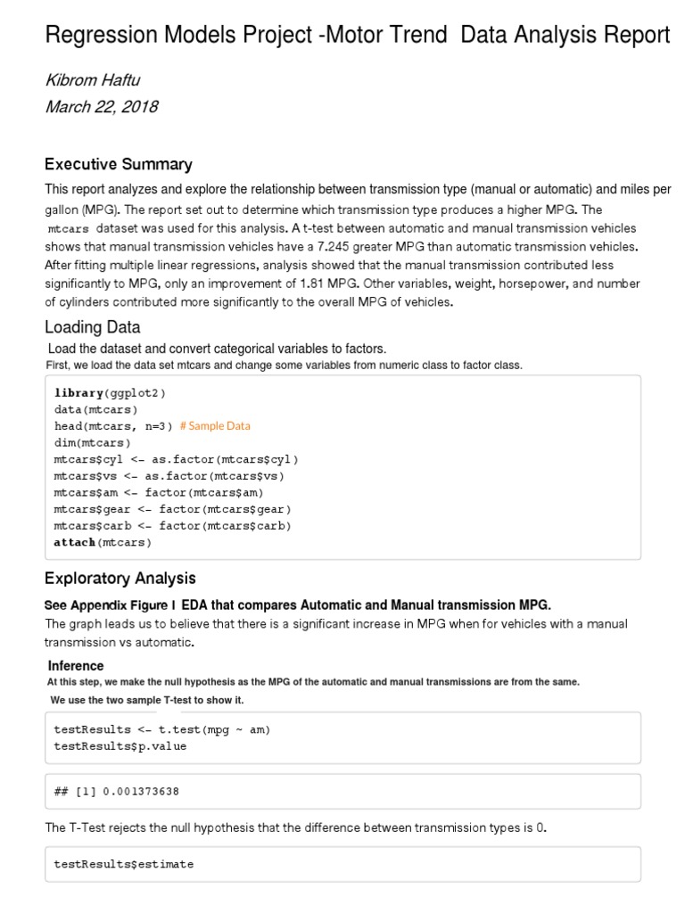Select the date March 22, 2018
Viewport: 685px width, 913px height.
101,107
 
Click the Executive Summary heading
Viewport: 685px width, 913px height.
118,164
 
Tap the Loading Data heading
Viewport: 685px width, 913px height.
92,327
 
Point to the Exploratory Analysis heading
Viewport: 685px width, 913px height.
120,579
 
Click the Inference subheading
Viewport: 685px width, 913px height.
76,666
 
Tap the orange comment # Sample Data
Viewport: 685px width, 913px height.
215,426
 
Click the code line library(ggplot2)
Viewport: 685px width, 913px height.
110,393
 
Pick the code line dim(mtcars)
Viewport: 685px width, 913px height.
92,443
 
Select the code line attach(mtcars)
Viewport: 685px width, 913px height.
103,542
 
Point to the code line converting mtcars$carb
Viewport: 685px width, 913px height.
172,526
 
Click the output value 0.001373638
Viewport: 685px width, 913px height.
135,792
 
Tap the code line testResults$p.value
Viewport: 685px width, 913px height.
120,746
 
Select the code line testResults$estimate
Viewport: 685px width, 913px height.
123,864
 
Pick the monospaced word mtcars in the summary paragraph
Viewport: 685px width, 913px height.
68,229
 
